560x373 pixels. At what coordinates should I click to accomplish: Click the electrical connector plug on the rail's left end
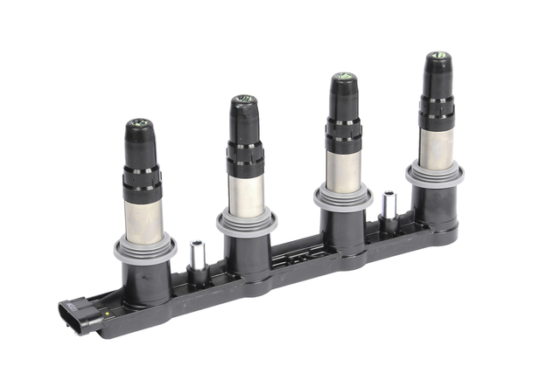click(76, 315)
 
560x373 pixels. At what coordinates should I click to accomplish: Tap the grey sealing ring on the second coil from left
click(247, 222)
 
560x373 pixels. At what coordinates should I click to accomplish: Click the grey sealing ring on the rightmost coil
click(435, 174)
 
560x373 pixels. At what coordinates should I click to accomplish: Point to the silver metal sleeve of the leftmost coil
click(143, 218)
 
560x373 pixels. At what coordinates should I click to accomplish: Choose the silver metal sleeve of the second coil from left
click(246, 194)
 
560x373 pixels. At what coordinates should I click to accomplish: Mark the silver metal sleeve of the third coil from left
click(345, 169)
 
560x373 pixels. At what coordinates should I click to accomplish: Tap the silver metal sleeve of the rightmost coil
click(436, 147)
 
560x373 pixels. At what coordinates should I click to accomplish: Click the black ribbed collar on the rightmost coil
click(437, 112)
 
